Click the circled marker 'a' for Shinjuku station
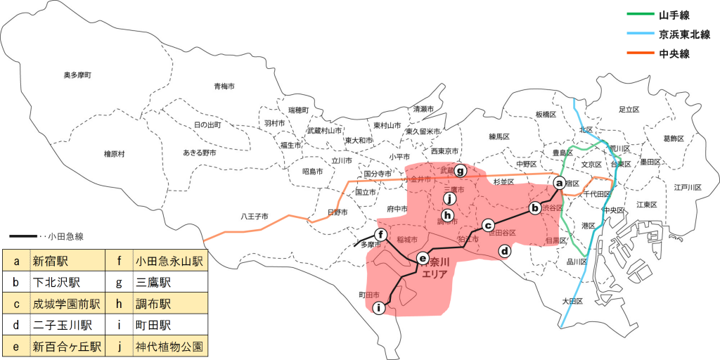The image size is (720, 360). click(560, 183)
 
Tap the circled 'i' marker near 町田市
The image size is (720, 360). click(379, 307)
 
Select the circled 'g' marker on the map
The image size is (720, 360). click(461, 170)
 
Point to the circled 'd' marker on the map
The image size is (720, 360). click(504, 250)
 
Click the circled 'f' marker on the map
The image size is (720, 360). click(380, 235)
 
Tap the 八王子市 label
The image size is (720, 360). click(255, 216)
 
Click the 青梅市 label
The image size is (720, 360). click(224, 86)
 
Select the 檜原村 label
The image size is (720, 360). click(113, 153)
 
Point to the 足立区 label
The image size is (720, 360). click(628, 110)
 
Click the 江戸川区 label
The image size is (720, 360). click(688, 188)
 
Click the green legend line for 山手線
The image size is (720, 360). click(639, 14)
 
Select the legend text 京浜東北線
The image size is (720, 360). click(684, 34)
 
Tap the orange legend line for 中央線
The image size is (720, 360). click(639, 53)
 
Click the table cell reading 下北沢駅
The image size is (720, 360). click(56, 283)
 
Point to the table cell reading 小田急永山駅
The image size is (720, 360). click(168, 262)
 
